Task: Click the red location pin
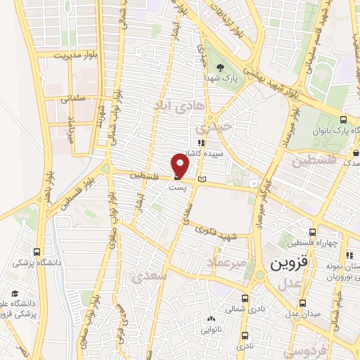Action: tap(181, 167)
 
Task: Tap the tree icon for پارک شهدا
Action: tap(221, 67)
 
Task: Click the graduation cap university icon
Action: tap(15, 294)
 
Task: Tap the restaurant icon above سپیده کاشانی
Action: tap(201, 141)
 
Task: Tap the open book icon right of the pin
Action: tap(204, 181)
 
